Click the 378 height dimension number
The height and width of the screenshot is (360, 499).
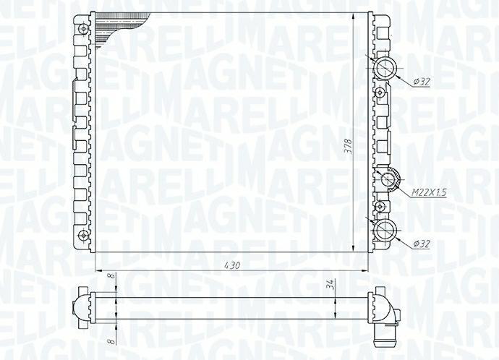pos(349,147)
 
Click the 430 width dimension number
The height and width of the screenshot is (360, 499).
pos(232,265)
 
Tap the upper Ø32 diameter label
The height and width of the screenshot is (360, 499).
pos(422,82)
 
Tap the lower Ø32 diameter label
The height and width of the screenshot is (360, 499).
pos(422,244)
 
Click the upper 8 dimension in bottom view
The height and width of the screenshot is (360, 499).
pos(111,276)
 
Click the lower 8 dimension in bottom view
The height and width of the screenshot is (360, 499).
pos(111,341)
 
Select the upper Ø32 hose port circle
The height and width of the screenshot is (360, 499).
pos(385,68)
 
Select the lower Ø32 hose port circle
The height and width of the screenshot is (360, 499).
pos(385,230)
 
